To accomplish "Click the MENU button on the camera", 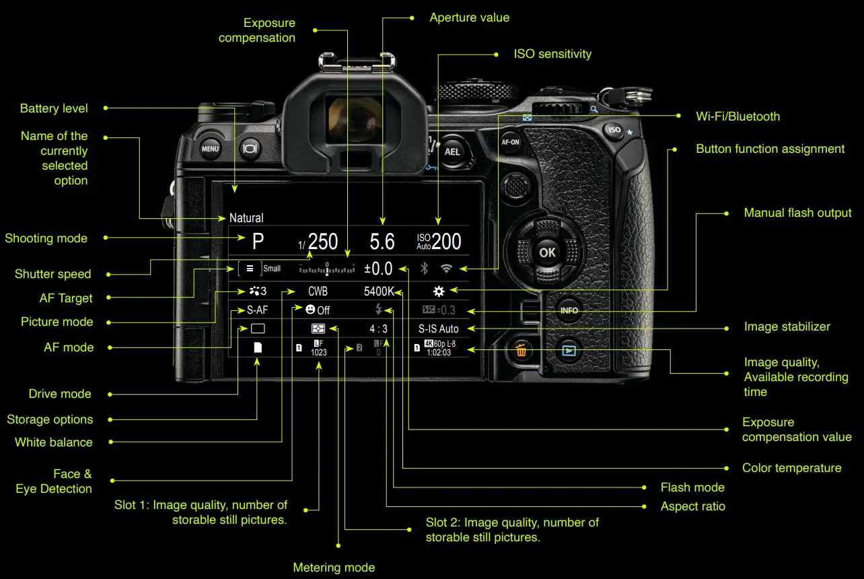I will [210, 149].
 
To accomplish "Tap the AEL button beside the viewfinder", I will [452, 151].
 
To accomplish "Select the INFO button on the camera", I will [569, 310].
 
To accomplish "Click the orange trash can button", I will [521, 350].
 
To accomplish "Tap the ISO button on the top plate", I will [614, 130].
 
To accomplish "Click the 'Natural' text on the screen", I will [246, 218].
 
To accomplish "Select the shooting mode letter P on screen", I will [258, 242].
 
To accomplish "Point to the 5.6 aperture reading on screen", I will [382, 242].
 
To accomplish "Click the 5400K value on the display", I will [379, 292].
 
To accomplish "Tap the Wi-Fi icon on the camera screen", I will [446, 269].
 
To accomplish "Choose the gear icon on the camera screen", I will [439, 292].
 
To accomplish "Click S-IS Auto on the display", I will [438, 329].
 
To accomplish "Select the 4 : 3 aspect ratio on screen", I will [378, 329].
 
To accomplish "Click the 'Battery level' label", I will [54, 108].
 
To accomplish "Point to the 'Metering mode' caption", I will [334, 568].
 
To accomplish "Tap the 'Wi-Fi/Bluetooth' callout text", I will [737, 116].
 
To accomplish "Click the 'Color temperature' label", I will [791, 468].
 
